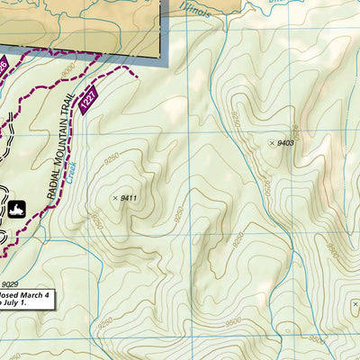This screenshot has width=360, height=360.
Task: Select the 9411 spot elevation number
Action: point(128,198)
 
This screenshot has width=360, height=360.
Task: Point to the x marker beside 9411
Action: point(113,198)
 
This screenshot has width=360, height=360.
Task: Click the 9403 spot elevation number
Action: point(286,143)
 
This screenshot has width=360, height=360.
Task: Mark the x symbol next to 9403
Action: point(272,143)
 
